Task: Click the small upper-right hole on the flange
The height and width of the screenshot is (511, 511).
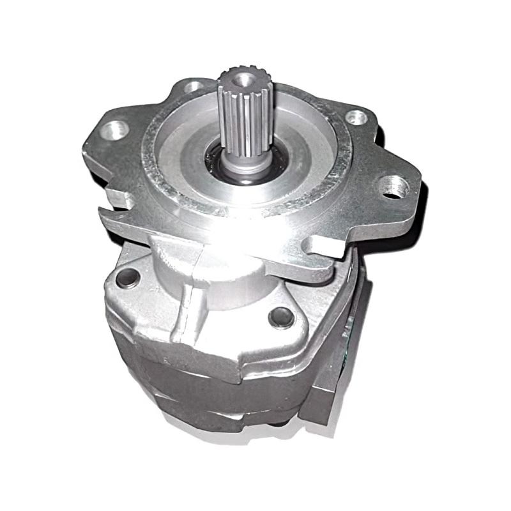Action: tap(356, 117)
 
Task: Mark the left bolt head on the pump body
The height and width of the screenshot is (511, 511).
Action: tap(128, 277)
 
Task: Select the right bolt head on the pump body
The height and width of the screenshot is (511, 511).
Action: tap(280, 316)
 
